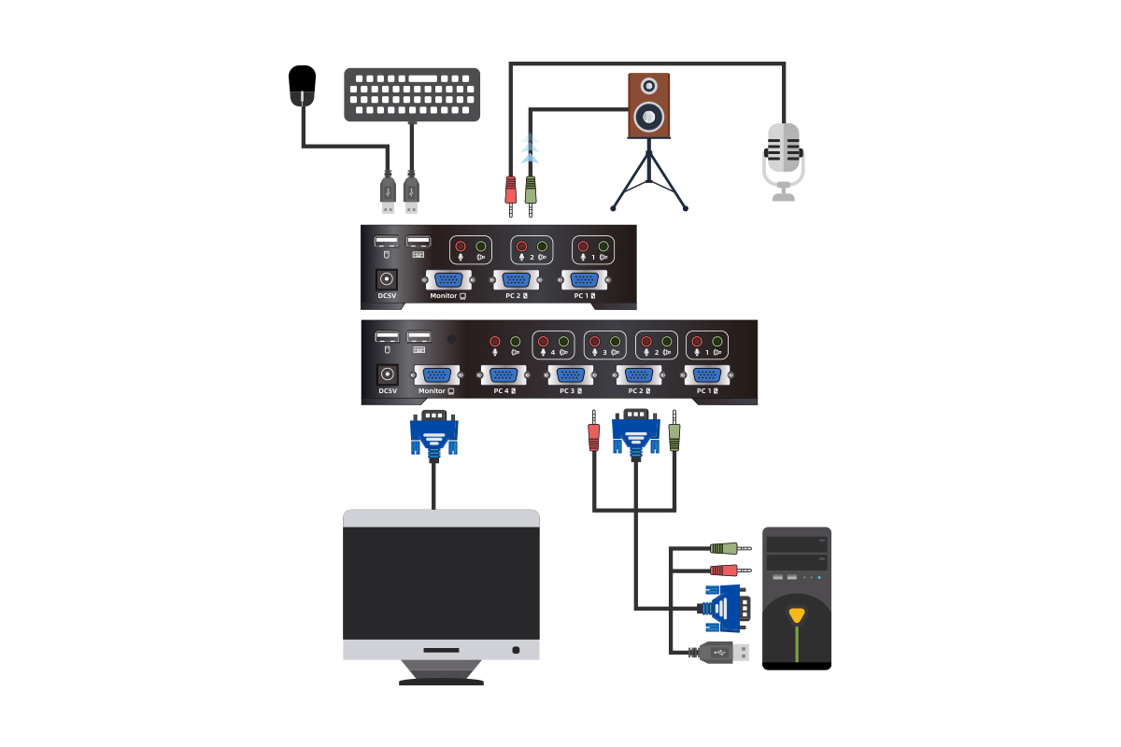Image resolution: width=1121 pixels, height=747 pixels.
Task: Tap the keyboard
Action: coord(412,93)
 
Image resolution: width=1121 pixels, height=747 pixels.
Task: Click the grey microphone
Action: coord(783,153)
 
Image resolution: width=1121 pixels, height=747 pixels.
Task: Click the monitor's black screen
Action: coord(441,579)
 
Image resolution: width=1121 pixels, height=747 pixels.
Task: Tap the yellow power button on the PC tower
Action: coord(796,615)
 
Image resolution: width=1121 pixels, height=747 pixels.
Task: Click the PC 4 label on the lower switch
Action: coord(503,391)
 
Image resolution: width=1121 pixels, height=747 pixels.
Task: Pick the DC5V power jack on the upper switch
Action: coord(386,279)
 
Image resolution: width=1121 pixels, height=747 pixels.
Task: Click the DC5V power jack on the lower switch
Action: coord(386,374)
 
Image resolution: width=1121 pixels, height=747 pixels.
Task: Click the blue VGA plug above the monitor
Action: coord(434,435)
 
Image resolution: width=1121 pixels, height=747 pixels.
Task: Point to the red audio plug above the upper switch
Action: coord(511,190)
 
